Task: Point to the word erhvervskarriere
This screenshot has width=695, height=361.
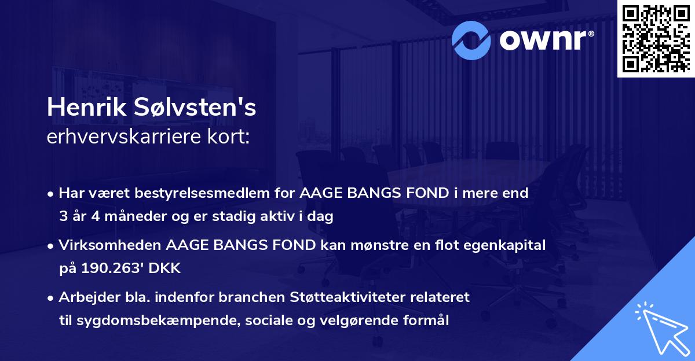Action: click(126, 138)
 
